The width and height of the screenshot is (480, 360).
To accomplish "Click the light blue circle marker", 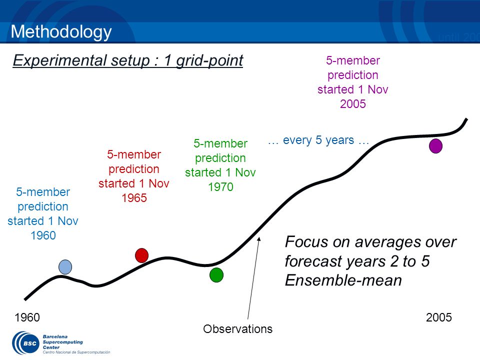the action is [x=65, y=266].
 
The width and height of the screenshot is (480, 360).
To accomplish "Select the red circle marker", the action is [x=141, y=255].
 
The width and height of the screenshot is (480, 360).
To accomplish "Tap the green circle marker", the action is [x=216, y=275].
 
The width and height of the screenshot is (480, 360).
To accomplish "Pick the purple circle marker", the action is [x=435, y=145].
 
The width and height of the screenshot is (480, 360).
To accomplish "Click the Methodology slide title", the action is [x=61, y=32].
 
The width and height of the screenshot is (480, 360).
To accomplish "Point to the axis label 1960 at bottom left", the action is [x=27, y=317].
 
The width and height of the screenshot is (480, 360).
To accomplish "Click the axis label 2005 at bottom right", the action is [x=438, y=317].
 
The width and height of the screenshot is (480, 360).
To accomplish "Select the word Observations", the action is [x=237, y=329].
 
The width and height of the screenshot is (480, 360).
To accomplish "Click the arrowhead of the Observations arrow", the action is [x=259, y=239].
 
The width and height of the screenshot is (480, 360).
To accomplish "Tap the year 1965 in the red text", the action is [x=134, y=198].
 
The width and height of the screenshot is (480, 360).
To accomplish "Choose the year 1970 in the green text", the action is [x=220, y=186].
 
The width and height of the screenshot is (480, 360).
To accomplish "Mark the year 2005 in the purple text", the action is [x=353, y=104].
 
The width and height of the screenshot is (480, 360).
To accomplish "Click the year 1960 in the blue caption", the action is [x=43, y=235].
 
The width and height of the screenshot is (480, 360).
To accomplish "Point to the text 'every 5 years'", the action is [x=318, y=140].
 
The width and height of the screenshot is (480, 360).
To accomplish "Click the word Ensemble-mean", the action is [x=343, y=280].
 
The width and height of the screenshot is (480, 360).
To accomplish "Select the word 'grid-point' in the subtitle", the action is [x=209, y=60].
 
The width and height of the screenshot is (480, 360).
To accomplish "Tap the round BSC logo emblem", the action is [x=25, y=343].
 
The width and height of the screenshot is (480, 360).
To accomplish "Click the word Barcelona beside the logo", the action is [x=55, y=336].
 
